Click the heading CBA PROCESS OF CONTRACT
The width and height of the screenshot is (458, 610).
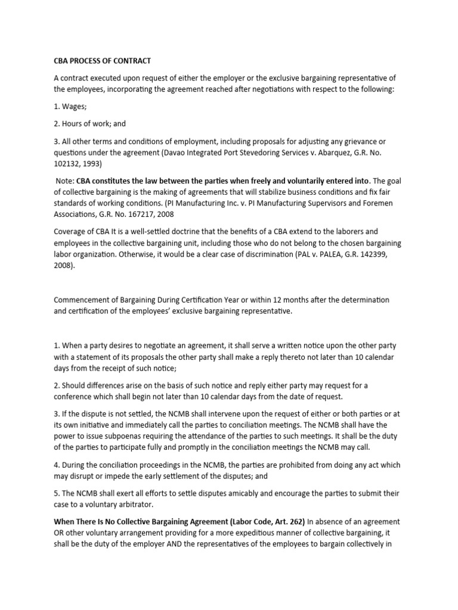point(102,61)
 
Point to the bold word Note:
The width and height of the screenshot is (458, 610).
point(64,181)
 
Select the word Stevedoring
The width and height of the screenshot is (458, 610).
point(313,152)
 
